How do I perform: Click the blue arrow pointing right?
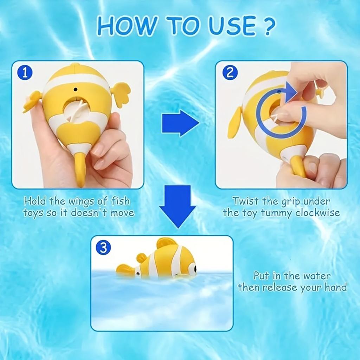(180, 123)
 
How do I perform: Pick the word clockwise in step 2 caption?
(317, 213)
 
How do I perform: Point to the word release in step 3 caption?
(280, 287)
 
